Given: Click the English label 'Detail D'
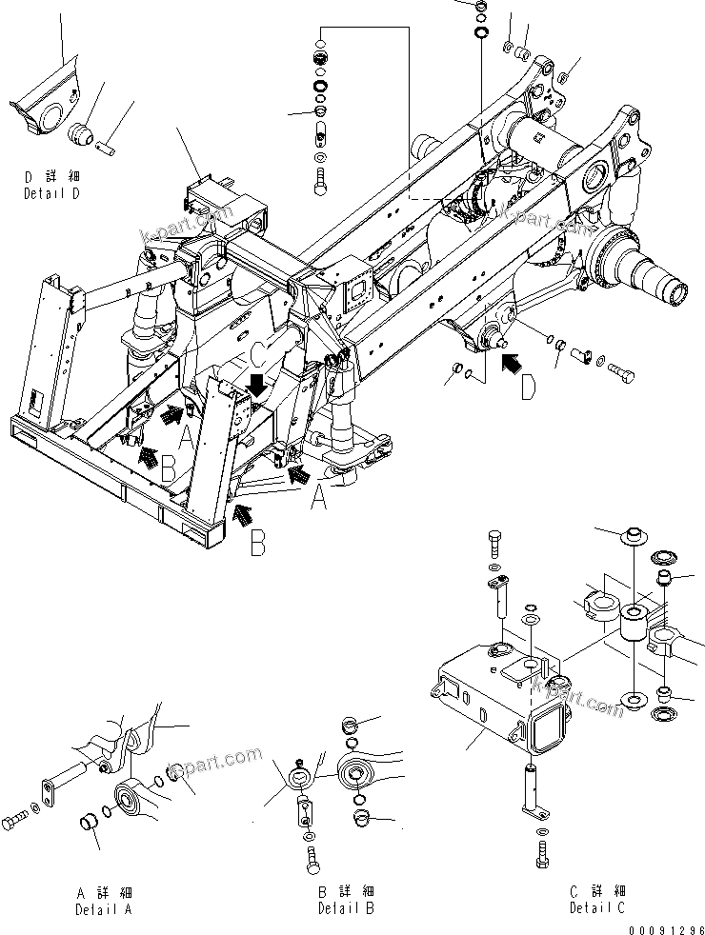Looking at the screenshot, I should pos(52,192).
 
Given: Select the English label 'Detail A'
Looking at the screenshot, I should pos(104,908).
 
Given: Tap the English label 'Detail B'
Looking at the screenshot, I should pos(346,908).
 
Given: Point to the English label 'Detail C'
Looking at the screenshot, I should pos(597,908).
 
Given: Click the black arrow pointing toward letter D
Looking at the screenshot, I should pos(511,363).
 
